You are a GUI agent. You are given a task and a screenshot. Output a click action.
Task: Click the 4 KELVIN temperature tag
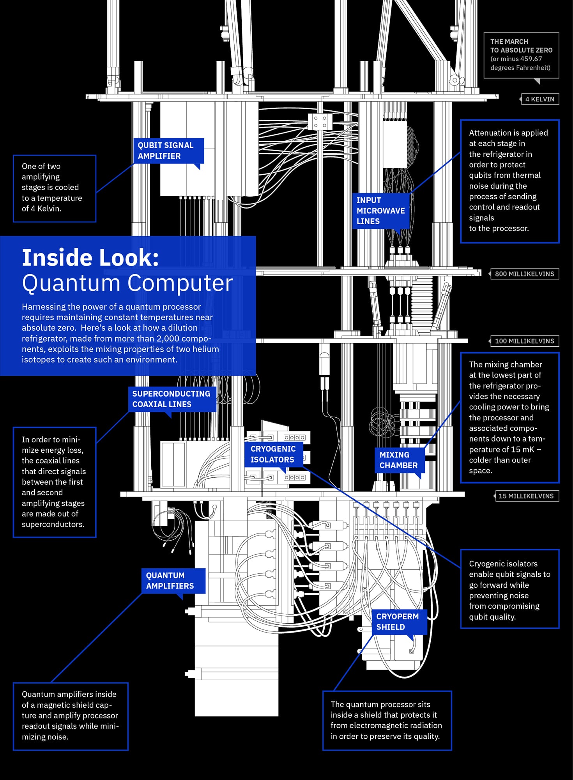point(539,99)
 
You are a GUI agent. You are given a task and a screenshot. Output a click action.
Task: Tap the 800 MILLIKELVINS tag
point(524,274)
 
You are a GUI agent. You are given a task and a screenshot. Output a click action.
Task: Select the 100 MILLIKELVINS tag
point(524,341)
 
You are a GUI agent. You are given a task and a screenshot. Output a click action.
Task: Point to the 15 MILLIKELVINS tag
point(526,496)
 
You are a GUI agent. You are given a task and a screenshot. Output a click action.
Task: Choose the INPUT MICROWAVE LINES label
point(380,211)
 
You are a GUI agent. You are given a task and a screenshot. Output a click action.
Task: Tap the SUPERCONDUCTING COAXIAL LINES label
point(172,399)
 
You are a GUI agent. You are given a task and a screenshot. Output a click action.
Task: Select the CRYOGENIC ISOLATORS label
point(273,454)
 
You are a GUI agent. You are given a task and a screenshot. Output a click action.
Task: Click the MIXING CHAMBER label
point(398,460)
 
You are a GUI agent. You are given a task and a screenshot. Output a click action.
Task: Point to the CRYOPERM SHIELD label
point(398,622)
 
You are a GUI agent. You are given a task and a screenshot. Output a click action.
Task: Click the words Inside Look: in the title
point(90,258)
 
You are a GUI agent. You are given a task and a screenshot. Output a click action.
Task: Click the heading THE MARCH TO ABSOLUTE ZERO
point(521,46)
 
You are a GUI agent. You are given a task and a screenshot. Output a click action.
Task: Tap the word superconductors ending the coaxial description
point(53,524)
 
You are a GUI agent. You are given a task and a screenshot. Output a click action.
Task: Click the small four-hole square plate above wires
point(320,121)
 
